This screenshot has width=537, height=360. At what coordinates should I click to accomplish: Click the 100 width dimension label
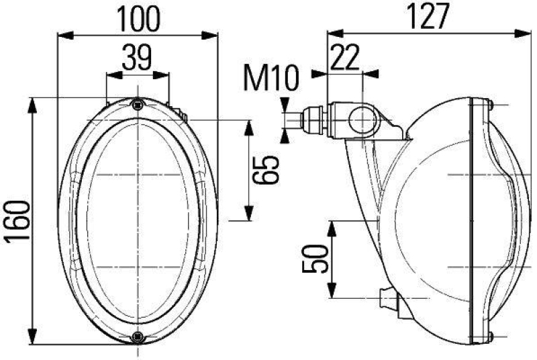[x=139, y=19]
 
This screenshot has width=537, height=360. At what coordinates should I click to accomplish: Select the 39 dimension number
[x=137, y=58]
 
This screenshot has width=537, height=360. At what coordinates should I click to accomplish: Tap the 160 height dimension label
[x=19, y=223]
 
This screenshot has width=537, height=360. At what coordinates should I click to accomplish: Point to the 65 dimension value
[x=266, y=170]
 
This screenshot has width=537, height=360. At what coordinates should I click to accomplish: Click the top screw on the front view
[x=138, y=103]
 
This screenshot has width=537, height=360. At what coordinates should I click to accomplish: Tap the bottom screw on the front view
[x=138, y=336]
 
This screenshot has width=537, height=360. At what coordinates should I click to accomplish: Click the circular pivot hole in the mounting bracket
[x=363, y=122]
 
